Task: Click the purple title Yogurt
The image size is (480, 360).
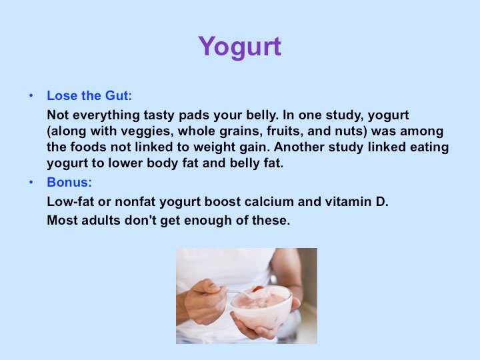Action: pyautogui.click(x=240, y=47)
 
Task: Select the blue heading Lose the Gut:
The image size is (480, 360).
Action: pyautogui.click(x=89, y=95)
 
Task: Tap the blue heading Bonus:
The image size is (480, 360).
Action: pyautogui.click(x=69, y=182)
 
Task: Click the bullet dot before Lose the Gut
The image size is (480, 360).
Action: pyautogui.click(x=31, y=96)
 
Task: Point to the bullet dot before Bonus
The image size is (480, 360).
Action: pyautogui.click(x=31, y=183)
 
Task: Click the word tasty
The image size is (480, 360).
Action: pyautogui.click(x=159, y=115)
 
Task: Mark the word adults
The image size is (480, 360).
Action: pyautogui.click(x=101, y=221)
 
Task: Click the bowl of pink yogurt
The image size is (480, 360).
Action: pyautogui.click(x=261, y=307)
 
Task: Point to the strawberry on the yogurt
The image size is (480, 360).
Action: pyautogui.click(x=258, y=289)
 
